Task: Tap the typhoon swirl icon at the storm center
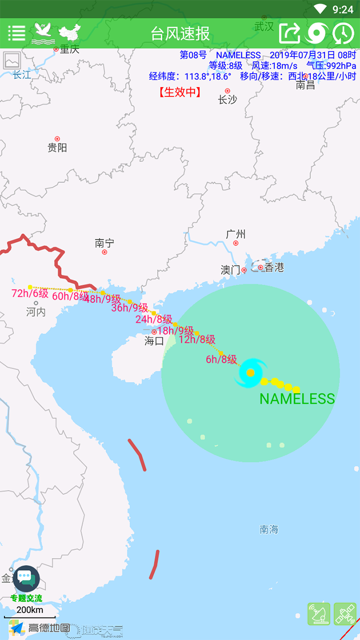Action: (x=250, y=372)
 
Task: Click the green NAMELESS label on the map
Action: (x=297, y=399)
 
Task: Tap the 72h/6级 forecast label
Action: (x=30, y=293)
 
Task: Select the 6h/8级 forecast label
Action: (x=221, y=359)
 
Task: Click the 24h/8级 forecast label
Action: (x=153, y=319)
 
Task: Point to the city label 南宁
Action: (x=104, y=243)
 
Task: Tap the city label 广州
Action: (x=235, y=234)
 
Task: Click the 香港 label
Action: (x=274, y=267)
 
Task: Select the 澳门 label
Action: (x=230, y=270)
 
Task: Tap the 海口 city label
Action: (x=154, y=341)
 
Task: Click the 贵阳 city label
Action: (x=57, y=147)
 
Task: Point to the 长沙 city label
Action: (x=227, y=99)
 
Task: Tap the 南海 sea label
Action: (x=269, y=529)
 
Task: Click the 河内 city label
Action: (x=36, y=312)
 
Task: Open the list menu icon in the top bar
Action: (x=16, y=33)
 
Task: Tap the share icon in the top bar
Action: (x=289, y=33)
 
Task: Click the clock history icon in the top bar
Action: (x=343, y=33)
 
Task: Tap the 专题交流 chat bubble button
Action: (x=26, y=579)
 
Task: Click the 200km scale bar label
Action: (x=30, y=609)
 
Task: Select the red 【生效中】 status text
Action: (x=180, y=92)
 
